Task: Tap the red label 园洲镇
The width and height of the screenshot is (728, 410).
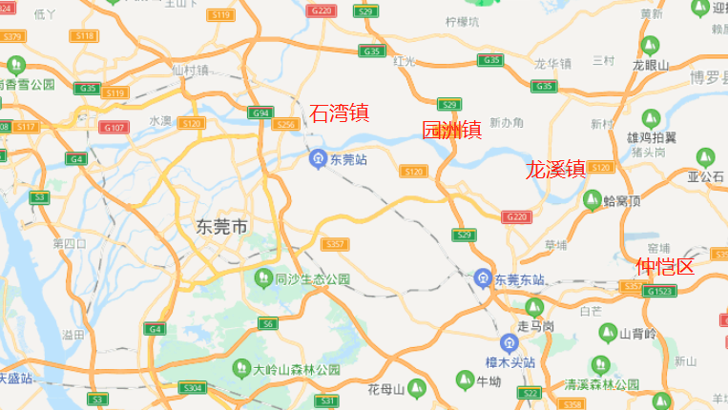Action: point(452,131)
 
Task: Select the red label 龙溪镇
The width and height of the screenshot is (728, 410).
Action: point(555,171)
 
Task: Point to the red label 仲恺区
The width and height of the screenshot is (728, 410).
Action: point(665,266)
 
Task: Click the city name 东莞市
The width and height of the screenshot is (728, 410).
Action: point(221,227)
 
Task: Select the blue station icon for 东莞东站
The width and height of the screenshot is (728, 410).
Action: point(484,278)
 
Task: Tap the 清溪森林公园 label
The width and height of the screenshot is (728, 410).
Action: point(601,384)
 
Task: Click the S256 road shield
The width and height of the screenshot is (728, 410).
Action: point(285,124)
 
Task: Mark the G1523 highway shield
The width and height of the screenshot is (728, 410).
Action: point(659,291)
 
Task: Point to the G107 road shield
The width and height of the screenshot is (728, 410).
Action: point(114,127)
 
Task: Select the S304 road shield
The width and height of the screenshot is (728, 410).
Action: point(193,388)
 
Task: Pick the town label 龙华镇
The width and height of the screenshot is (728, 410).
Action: point(552,65)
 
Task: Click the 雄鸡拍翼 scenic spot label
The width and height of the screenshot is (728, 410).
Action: point(652,138)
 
